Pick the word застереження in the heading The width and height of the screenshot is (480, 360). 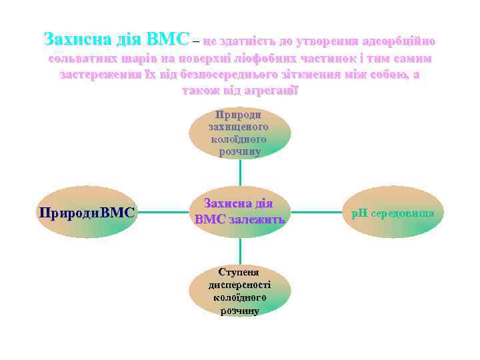[x=99, y=74]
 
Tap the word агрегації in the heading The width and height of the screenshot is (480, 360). [x=270, y=90]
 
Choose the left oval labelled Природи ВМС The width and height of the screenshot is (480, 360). [x=87, y=213]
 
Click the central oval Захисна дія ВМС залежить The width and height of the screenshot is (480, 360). [x=239, y=212]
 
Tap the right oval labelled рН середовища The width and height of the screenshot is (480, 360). [x=393, y=213]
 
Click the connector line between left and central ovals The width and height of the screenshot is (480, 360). [x=162, y=213]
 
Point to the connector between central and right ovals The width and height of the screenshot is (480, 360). [x=317, y=213]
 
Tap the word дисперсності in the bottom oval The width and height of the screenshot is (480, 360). [x=239, y=285]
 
